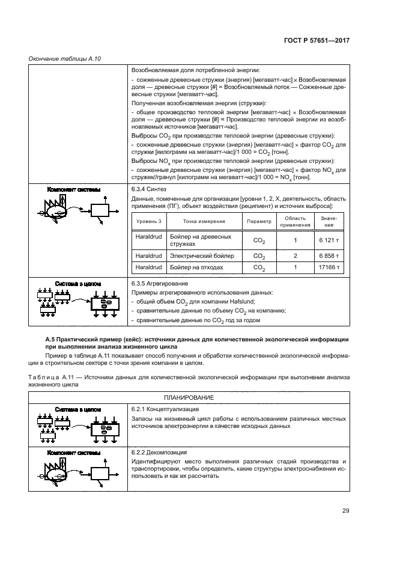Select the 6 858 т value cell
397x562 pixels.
[330, 255]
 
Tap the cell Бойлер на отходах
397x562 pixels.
[197, 267]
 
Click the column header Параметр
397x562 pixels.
[259, 221]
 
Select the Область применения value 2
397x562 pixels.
[295, 255]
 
